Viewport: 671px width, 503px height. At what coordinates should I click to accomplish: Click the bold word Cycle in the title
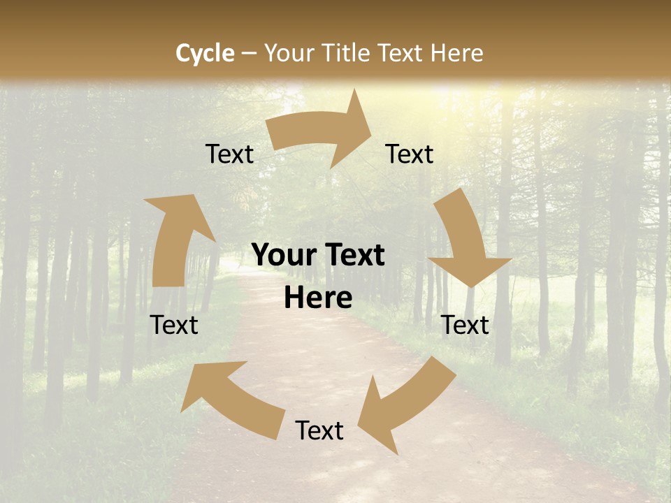pyautogui.click(x=205, y=53)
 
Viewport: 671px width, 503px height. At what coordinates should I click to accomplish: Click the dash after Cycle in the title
pyautogui.click(x=249, y=53)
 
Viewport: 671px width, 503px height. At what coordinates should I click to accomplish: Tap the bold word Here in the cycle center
pyautogui.click(x=318, y=298)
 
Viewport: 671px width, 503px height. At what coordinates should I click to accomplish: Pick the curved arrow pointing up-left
pyautogui.click(x=231, y=395)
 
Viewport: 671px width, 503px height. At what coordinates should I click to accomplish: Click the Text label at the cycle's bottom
pyautogui.click(x=319, y=431)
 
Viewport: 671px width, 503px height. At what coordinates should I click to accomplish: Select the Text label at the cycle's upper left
pyautogui.click(x=230, y=154)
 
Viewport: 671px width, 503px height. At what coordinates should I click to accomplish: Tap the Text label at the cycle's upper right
pyautogui.click(x=410, y=154)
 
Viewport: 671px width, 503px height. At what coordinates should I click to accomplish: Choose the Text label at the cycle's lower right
pyautogui.click(x=466, y=325)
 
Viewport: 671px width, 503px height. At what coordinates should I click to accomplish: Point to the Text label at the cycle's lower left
pyautogui.click(x=174, y=325)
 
